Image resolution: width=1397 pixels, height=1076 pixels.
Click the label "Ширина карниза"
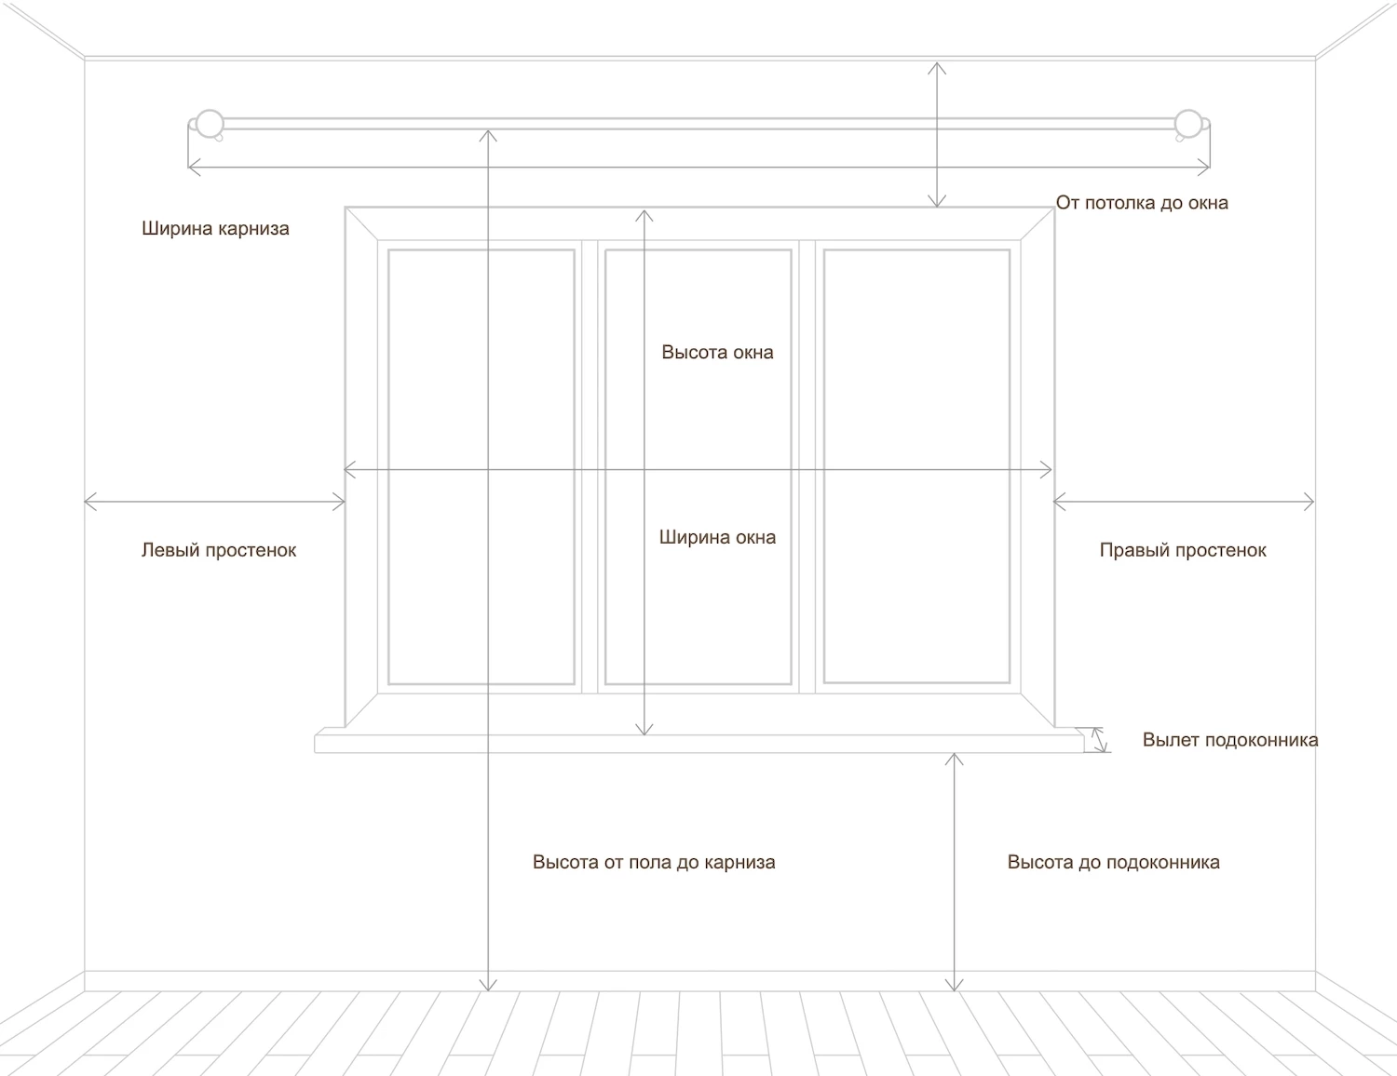click(x=215, y=229)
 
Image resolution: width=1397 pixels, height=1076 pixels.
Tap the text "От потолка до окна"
click(x=1142, y=203)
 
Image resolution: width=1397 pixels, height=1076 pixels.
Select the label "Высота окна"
click(x=717, y=352)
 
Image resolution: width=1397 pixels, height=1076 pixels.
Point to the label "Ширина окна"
click(x=717, y=537)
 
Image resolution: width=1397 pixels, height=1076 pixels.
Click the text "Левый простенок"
click(x=219, y=550)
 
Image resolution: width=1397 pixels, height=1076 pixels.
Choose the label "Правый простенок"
click(x=1183, y=550)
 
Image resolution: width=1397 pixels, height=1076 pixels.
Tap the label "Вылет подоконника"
click(x=1230, y=740)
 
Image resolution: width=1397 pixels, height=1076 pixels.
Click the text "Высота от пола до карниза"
click(x=654, y=862)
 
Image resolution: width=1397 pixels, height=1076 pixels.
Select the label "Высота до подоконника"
click(x=1114, y=862)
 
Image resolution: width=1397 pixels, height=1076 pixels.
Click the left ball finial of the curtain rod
click(x=210, y=124)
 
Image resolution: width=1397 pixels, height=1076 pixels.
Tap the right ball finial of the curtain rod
click(x=1188, y=124)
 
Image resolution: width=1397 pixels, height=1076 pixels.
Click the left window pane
click(x=481, y=467)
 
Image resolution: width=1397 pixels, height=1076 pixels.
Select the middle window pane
click(x=698, y=467)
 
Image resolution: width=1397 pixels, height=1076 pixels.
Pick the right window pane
click(x=916, y=467)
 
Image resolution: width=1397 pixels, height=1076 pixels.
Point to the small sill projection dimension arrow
click(x=1099, y=739)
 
